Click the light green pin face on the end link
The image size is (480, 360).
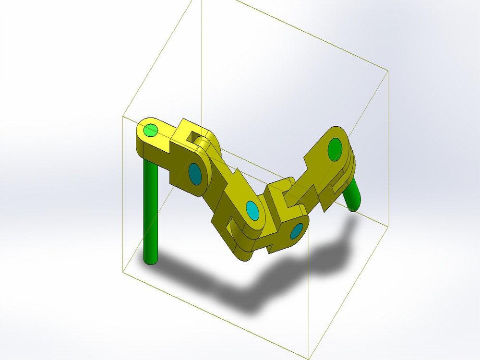point(151,130)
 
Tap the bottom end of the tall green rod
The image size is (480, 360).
point(151,260)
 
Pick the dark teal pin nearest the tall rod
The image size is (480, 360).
point(195,174)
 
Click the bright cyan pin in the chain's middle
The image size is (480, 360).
point(252,210)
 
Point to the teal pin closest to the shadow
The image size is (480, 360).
point(297,231)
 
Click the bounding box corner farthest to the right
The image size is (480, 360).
point(387,70)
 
